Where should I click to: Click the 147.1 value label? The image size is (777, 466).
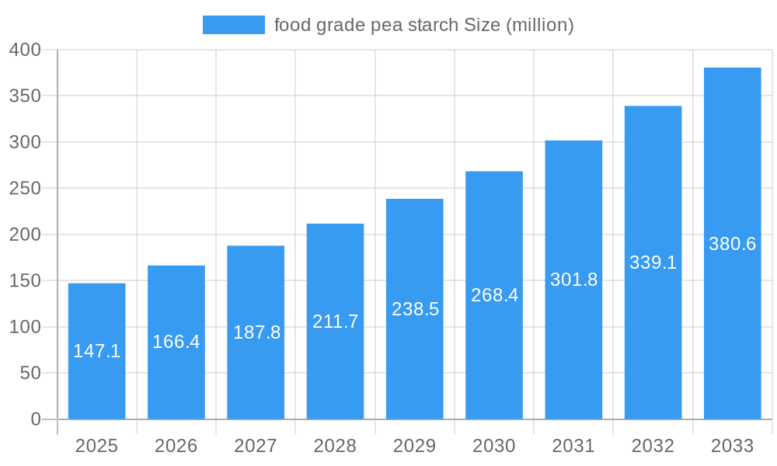tap(96, 351)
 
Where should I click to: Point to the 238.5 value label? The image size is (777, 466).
tap(415, 309)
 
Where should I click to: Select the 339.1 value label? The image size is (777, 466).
tap(653, 263)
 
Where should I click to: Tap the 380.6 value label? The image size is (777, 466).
tap(732, 244)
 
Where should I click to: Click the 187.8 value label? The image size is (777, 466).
tap(256, 332)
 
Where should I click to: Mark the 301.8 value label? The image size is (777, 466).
tap(573, 280)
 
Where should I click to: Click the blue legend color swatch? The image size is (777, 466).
tap(233, 25)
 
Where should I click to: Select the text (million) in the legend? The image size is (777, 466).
tap(539, 25)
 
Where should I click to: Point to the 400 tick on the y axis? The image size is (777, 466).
tap(25, 50)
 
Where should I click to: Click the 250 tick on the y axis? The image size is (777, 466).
tap(25, 189)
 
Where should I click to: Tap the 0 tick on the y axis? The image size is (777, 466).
tap(35, 419)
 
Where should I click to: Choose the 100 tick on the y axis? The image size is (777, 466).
tap(25, 327)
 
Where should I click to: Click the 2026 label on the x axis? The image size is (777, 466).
tap(176, 446)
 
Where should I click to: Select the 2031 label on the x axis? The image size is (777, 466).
tap(573, 446)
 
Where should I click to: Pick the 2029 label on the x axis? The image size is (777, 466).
tap(414, 446)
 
